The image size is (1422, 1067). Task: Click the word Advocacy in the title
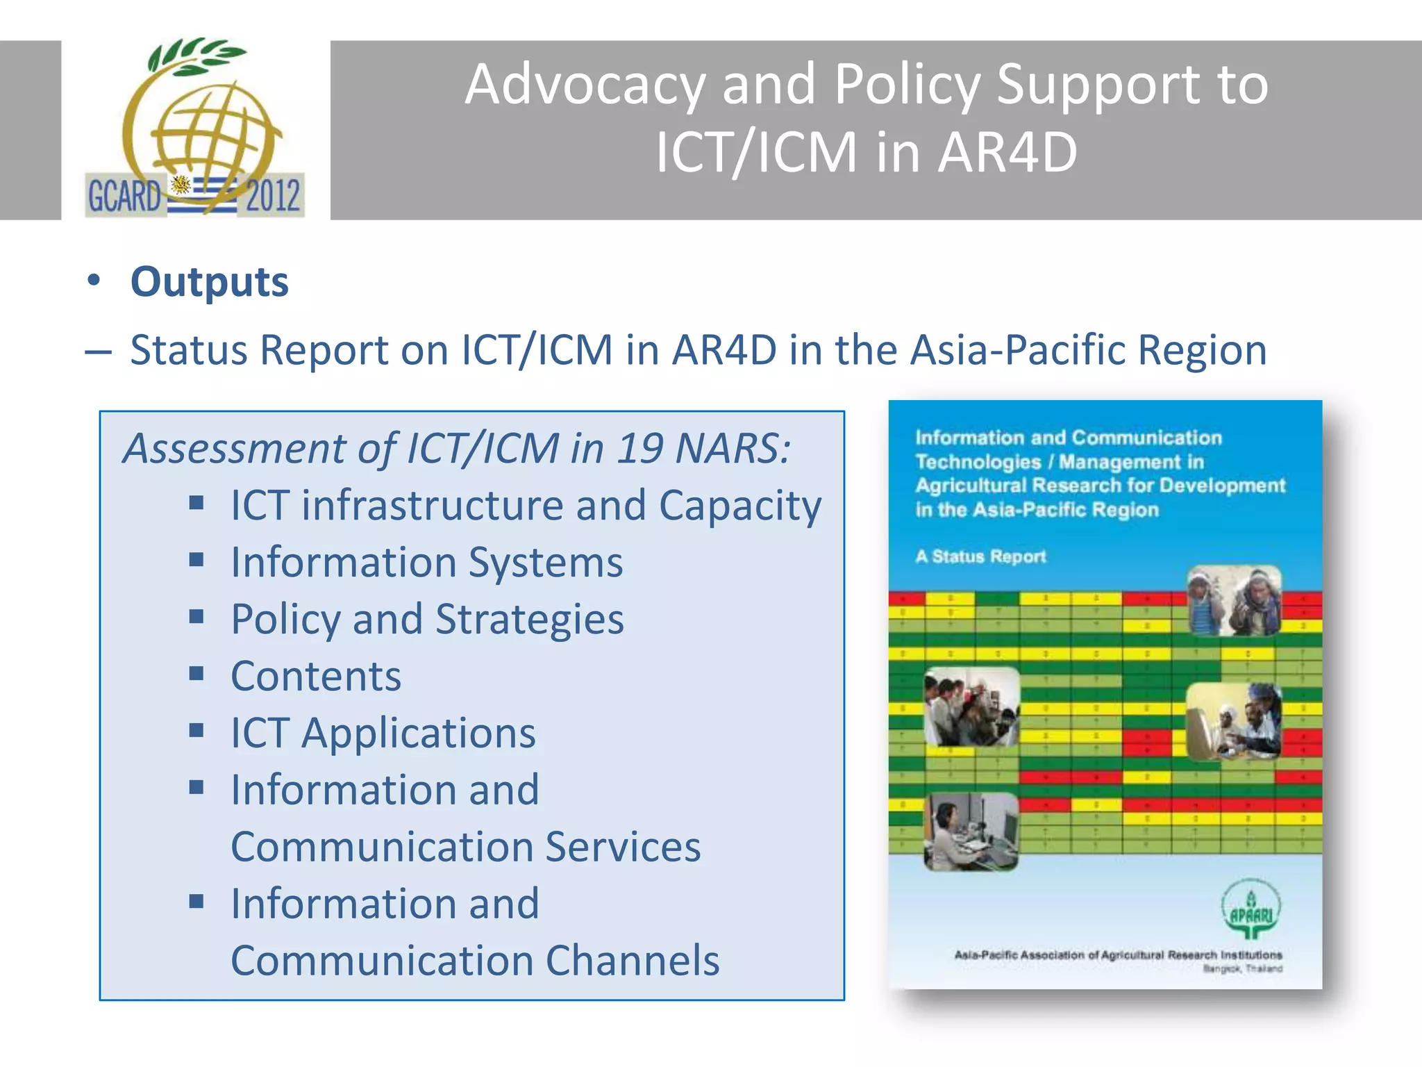click(585, 85)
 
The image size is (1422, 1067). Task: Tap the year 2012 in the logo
click(273, 195)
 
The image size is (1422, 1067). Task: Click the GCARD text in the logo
click(124, 196)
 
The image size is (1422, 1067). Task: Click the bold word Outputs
click(209, 282)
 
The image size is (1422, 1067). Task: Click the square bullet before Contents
click(196, 674)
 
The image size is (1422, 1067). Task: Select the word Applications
click(418, 733)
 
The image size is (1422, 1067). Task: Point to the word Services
click(623, 847)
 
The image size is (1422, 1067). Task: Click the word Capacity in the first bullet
click(739, 505)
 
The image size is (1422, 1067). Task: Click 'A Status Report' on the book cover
click(980, 556)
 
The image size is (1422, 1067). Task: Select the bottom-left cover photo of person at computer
click(971, 832)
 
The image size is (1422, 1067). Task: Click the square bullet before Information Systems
click(196, 560)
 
